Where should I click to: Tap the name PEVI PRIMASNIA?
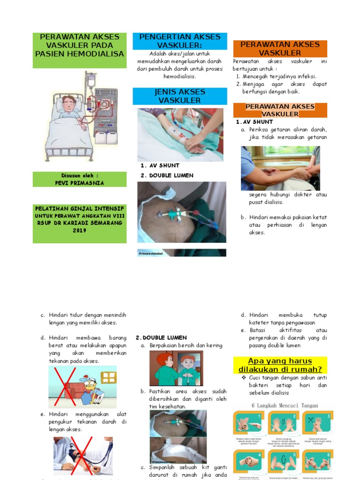(x=80, y=183)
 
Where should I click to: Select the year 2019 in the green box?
(x=79, y=230)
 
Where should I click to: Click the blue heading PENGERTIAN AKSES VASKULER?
(x=180, y=41)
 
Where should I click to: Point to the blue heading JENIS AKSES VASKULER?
(x=180, y=96)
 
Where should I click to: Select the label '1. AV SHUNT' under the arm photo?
(x=160, y=165)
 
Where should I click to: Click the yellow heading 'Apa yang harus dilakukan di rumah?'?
(x=281, y=364)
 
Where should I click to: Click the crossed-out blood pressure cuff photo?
(x=82, y=456)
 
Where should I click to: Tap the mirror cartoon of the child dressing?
(x=176, y=368)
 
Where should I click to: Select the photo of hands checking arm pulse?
(x=280, y=168)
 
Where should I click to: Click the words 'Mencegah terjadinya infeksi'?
(x=279, y=76)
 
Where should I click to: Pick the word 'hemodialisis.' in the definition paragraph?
(x=180, y=76)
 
